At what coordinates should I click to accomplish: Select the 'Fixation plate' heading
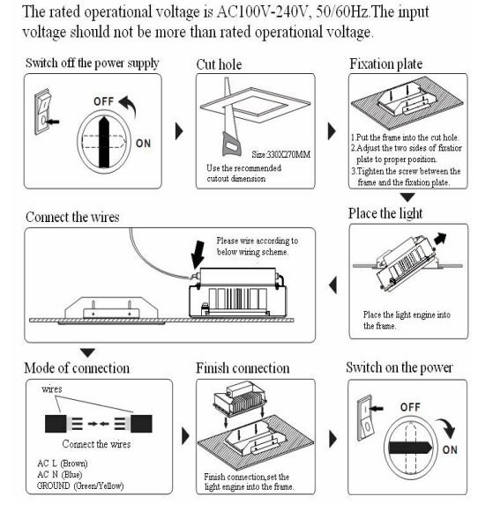point(390,64)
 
